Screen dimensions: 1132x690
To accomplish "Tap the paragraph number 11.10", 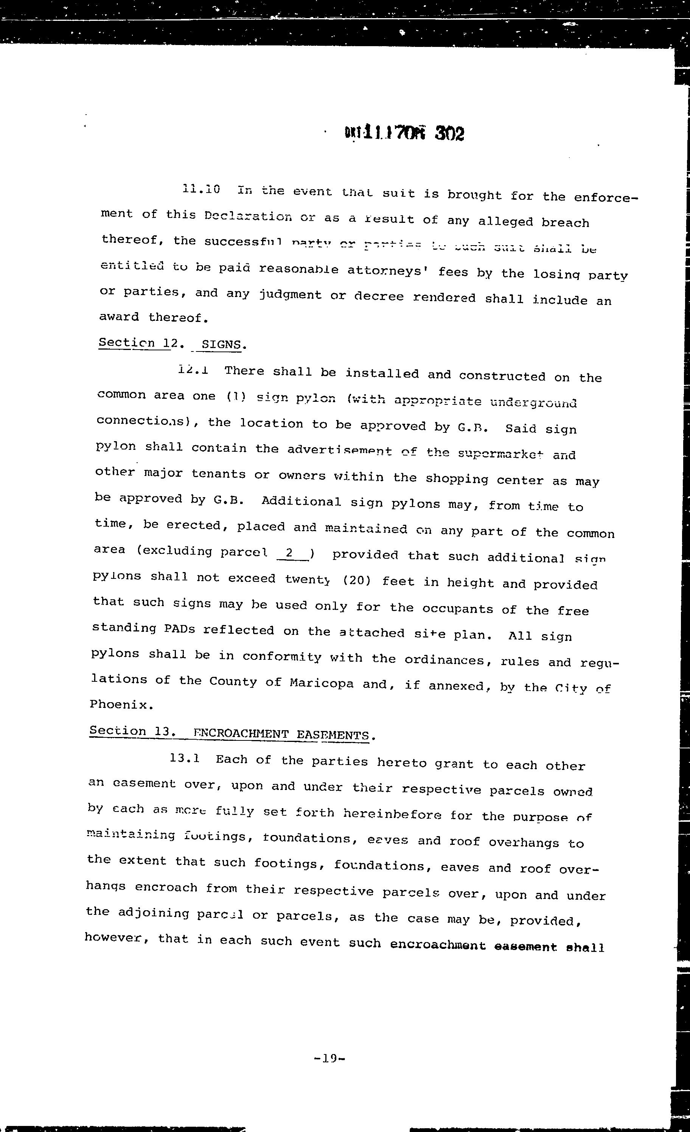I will (x=201, y=189).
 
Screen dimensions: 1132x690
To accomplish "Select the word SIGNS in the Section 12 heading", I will (x=221, y=345).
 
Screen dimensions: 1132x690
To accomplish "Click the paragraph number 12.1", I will (x=193, y=370).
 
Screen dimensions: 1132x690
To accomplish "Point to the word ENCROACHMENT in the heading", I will (x=235, y=734).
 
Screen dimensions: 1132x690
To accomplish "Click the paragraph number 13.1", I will (x=184, y=758).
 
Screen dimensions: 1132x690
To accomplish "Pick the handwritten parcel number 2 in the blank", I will (x=289, y=553).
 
